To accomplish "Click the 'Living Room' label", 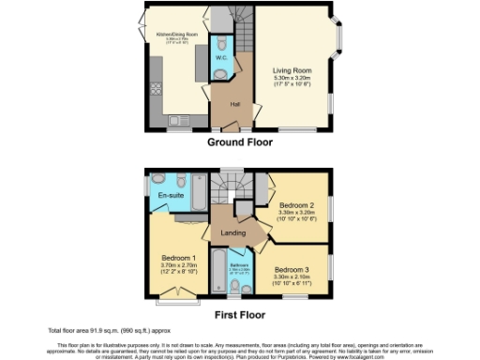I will pos(292,68).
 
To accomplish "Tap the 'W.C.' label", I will pos(221,58).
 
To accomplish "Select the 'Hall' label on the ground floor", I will pos(234,104).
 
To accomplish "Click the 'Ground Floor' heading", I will pos(240,143).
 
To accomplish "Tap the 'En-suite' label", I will pos(170,196).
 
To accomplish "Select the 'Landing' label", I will pos(232,232).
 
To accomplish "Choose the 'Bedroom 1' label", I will pos(178,258).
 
